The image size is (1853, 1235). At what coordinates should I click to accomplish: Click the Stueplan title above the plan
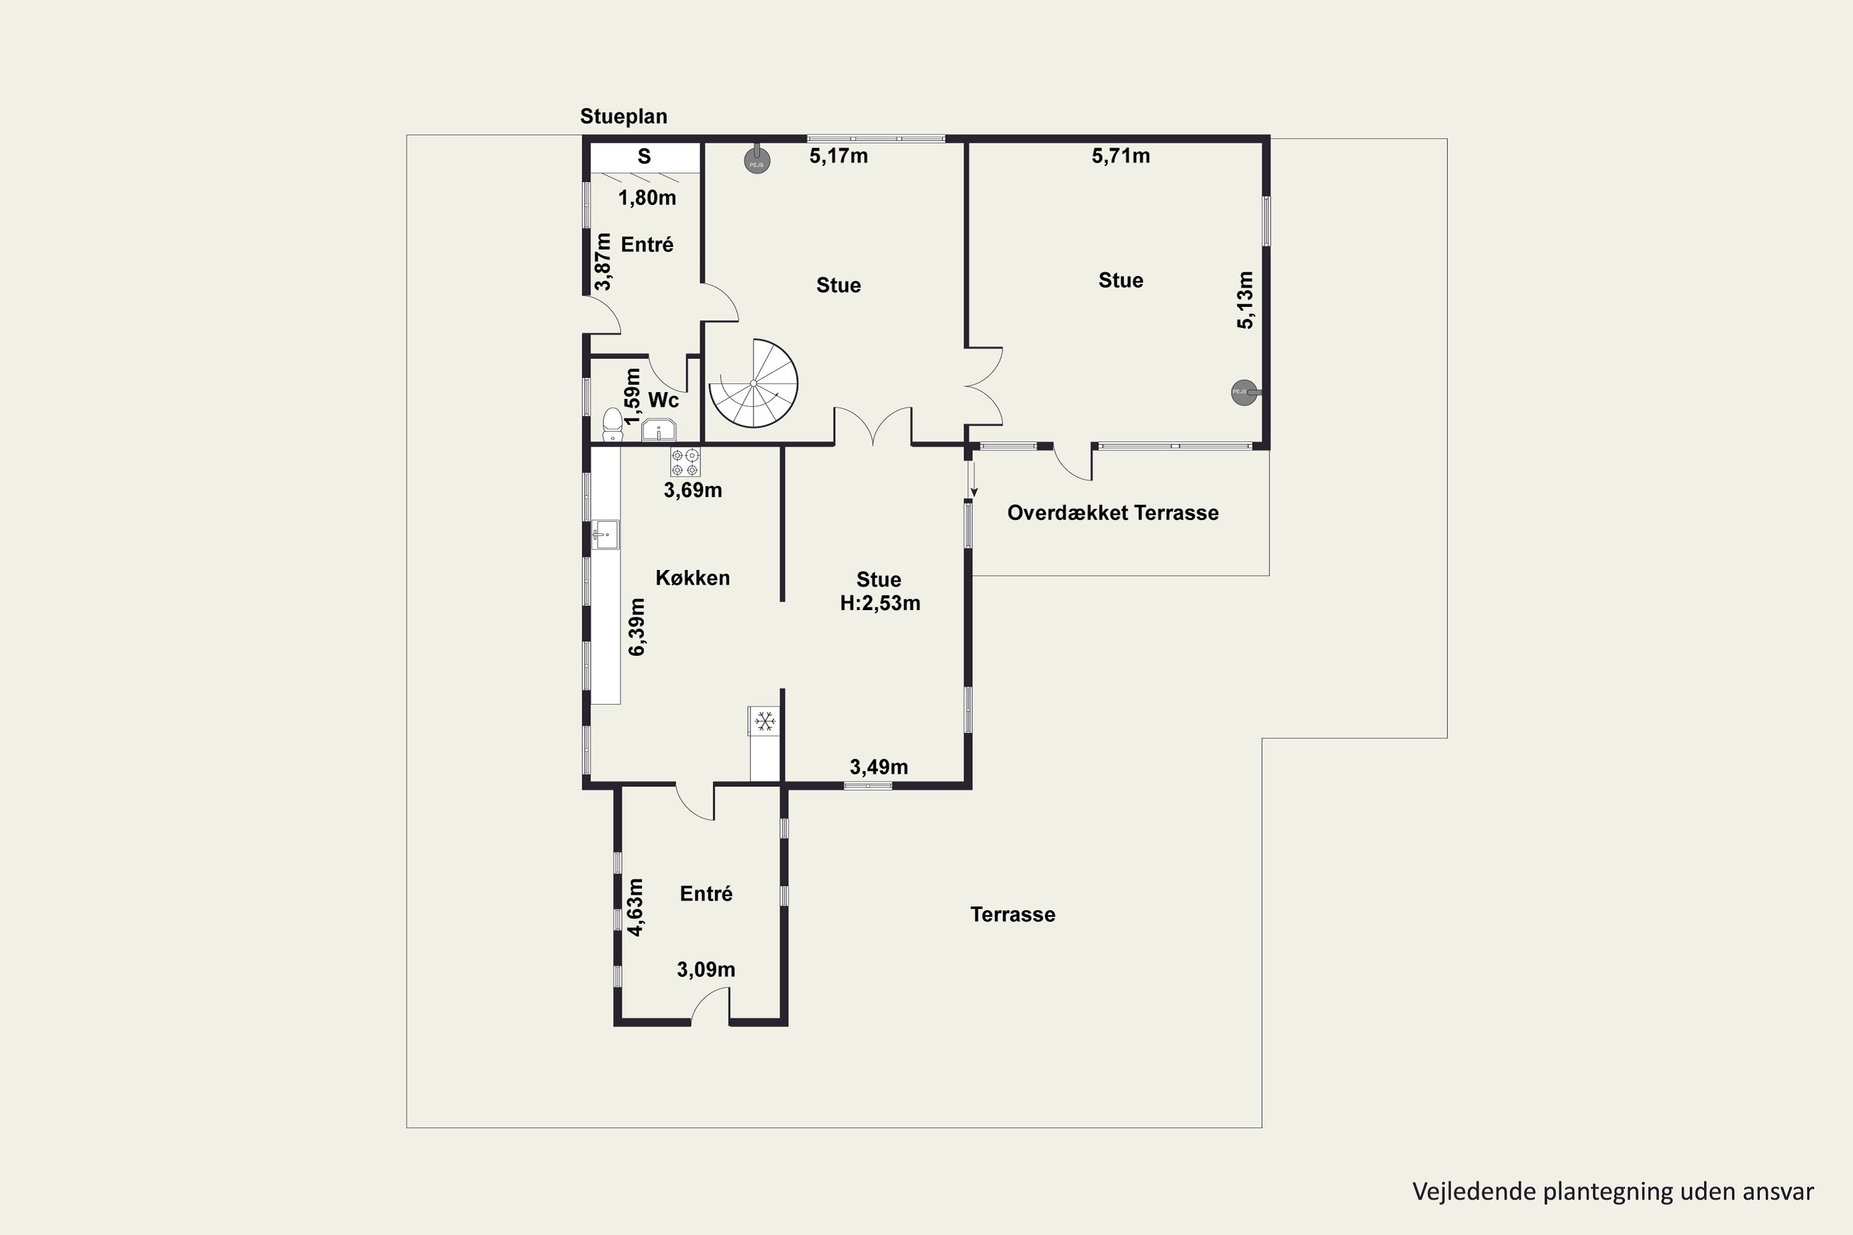tap(623, 117)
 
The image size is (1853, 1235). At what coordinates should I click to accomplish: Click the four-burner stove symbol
tap(684, 463)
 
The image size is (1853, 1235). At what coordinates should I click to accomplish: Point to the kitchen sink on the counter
tap(605, 535)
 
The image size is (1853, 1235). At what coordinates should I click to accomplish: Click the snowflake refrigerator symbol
tap(763, 721)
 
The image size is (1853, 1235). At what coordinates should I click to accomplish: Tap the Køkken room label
tap(692, 578)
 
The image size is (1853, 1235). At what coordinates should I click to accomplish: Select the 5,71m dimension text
tap(1120, 157)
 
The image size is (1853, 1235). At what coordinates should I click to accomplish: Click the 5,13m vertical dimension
tap(1245, 300)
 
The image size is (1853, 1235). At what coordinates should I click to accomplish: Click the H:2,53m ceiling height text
tap(880, 603)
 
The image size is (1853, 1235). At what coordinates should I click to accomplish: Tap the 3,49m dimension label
tap(878, 767)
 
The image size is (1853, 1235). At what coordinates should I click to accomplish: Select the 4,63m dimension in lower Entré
tap(635, 906)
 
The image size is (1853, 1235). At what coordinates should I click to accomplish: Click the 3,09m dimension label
tap(706, 969)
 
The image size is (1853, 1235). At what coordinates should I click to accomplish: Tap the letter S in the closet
tap(644, 157)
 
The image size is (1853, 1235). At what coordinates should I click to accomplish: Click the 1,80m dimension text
tap(647, 198)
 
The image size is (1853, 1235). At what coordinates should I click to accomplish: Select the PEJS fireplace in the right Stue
tap(1245, 392)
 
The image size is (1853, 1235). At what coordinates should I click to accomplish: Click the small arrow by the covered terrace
tap(974, 480)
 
